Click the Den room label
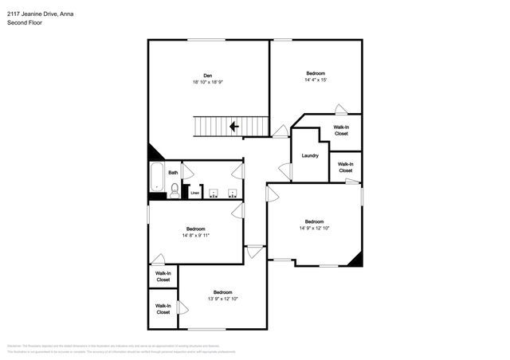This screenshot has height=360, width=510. click(x=207, y=75)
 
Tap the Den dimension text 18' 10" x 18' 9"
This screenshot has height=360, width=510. click(x=207, y=81)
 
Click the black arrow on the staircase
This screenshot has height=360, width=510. click(x=235, y=126)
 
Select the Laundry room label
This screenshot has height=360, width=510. click(x=310, y=155)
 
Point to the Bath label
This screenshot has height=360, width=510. click(x=173, y=172)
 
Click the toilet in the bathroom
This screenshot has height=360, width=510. click(x=175, y=189)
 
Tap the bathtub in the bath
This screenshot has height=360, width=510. click(x=156, y=178)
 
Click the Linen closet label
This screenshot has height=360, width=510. click(x=195, y=192)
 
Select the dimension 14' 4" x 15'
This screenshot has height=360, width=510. click(x=316, y=80)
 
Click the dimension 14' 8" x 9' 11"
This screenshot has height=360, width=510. click(x=195, y=235)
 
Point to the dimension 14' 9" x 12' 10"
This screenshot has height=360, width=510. click(x=314, y=229)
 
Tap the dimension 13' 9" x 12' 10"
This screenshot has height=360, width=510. click(x=222, y=299)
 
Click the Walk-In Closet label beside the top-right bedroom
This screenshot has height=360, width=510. click(x=341, y=131)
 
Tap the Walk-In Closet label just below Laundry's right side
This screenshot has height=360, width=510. click(x=345, y=167)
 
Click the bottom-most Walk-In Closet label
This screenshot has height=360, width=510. click(x=163, y=309)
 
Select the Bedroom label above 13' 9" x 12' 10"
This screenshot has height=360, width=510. click(x=222, y=292)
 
